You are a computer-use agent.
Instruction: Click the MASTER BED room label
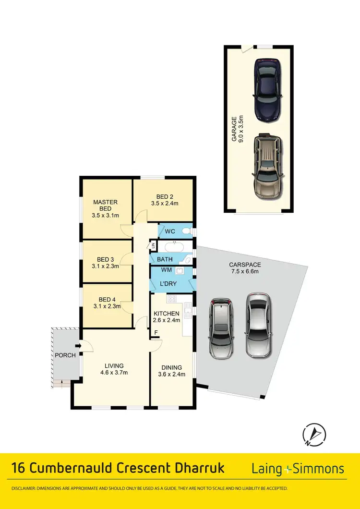pyautogui.click(x=105, y=206)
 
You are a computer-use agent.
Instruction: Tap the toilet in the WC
pyautogui.click(x=191, y=231)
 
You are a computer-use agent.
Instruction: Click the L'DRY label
pyautogui.click(x=168, y=284)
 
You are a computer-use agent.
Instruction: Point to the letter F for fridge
pyautogui.click(x=156, y=332)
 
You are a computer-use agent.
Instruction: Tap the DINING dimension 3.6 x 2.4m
pyautogui.click(x=171, y=375)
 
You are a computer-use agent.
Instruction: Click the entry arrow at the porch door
pyautogui.click(x=77, y=344)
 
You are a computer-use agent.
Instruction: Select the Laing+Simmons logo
pyautogui.click(x=298, y=469)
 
